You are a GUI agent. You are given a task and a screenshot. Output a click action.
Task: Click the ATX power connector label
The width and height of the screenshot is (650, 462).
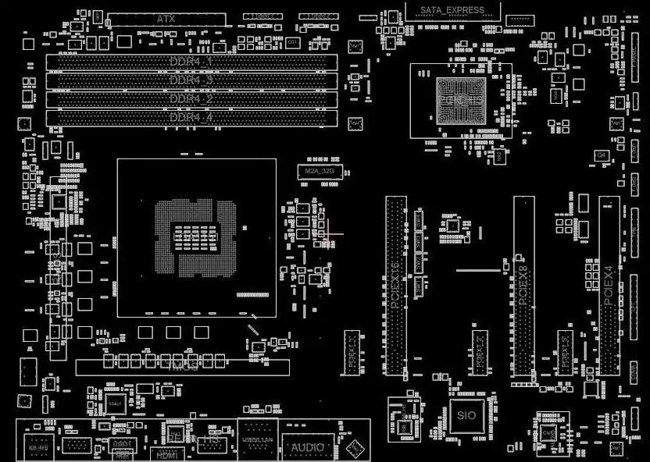166,18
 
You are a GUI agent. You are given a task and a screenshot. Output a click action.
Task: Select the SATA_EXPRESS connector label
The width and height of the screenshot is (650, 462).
452,10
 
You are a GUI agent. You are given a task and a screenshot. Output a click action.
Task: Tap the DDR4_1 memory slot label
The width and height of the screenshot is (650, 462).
191,61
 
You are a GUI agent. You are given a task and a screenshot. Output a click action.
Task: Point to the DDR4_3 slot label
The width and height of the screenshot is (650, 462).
191,80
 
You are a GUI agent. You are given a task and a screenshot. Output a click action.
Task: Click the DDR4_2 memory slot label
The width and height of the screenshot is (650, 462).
191,99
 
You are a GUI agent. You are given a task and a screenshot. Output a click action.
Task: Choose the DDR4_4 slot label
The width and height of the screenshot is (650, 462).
191,118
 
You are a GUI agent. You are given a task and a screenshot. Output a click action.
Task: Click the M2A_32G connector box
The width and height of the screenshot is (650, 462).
319,172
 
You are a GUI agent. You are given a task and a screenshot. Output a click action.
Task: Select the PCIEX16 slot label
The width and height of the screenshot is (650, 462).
395,285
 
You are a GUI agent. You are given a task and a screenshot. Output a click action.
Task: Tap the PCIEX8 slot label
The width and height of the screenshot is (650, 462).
523,285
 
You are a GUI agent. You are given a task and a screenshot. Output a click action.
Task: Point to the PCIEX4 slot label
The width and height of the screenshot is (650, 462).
609,285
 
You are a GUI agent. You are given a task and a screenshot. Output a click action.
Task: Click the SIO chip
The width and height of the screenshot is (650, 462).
466,416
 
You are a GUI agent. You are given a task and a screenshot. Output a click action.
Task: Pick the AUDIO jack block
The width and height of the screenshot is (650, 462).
307,447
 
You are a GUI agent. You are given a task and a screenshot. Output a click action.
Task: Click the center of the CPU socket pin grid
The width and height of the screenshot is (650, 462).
195,237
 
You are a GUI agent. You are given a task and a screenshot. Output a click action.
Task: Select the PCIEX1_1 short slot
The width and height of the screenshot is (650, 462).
352,351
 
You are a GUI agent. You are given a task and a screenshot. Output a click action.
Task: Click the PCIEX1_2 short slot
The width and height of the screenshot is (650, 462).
480,351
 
